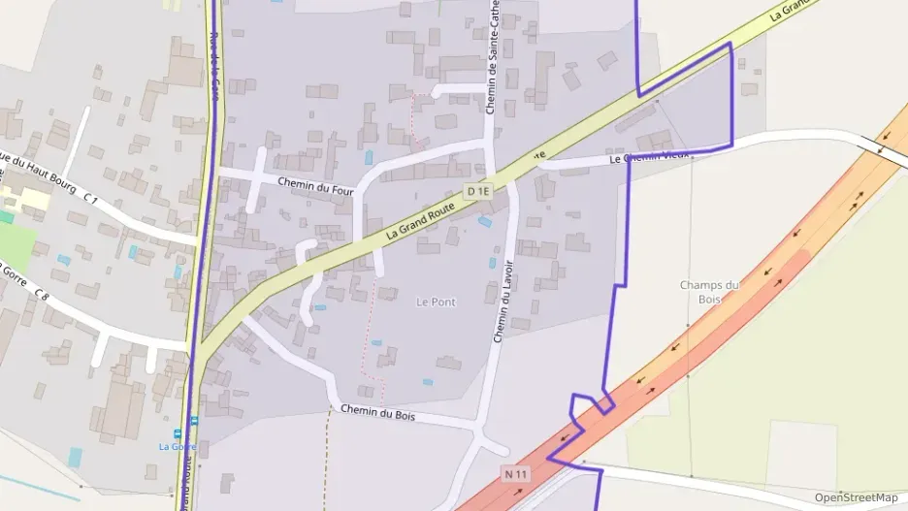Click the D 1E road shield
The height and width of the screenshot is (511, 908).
[478, 192]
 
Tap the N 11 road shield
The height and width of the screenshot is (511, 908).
[515, 474]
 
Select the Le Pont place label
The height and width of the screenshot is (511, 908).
[436, 302]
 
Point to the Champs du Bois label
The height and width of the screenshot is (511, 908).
[709, 291]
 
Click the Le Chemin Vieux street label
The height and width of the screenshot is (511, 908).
[649, 156]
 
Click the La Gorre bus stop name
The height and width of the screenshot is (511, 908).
[178, 446]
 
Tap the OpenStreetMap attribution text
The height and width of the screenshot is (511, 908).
[856, 497]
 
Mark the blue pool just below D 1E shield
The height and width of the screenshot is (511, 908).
[484, 222]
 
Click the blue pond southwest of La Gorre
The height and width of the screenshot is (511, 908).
[76, 457]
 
